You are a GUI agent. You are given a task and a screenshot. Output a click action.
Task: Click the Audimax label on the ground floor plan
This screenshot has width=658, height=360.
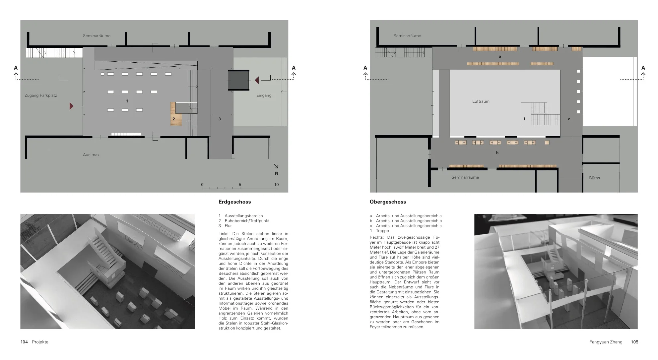click(x=91, y=155)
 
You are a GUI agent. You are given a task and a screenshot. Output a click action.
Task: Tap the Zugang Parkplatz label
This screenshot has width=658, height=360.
click(x=41, y=95)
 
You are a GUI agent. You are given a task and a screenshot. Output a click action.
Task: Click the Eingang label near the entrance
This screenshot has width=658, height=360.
click(x=264, y=95)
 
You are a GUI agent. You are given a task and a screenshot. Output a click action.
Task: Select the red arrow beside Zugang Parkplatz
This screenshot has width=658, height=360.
click(x=71, y=106)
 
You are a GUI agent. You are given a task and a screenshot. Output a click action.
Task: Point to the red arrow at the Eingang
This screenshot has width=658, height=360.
click(x=257, y=80)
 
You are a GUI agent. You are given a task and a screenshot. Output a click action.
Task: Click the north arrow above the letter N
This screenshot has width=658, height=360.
click(x=276, y=166)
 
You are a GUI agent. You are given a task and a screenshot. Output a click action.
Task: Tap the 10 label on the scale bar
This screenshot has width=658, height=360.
click(x=276, y=185)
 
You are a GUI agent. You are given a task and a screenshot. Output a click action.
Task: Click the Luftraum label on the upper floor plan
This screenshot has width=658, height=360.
click(x=481, y=101)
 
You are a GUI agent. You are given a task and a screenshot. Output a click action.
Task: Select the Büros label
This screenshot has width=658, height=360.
click(x=594, y=178)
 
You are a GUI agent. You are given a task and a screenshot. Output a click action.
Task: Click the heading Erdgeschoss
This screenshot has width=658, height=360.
click(x=234, y=202)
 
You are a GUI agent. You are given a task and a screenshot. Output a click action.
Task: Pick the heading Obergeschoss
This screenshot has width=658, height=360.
click(x=388, y=202)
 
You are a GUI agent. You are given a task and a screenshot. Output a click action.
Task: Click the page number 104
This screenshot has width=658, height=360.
click(x=24, y=342)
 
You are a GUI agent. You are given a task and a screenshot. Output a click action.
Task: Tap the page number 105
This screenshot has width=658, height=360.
click(x=634, y=342)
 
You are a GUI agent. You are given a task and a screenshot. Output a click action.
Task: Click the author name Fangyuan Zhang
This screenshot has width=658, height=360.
click(x=606, y=342)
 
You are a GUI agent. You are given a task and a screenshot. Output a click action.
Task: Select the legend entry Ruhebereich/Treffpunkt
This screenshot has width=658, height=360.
click(x=247, y=221)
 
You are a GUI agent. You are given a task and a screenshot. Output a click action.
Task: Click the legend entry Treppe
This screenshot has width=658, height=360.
click(x=382, y=231)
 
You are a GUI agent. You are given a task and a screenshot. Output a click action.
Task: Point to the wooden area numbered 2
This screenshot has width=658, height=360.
click(x=176, y=118)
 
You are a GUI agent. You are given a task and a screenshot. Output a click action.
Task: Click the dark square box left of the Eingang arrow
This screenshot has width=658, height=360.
click(x=238, y=80)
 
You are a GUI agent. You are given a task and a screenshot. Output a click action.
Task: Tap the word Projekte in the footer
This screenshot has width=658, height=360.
click(x=40, y=342)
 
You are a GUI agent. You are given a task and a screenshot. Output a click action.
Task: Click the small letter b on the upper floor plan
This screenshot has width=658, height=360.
click(x=497, y=153)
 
